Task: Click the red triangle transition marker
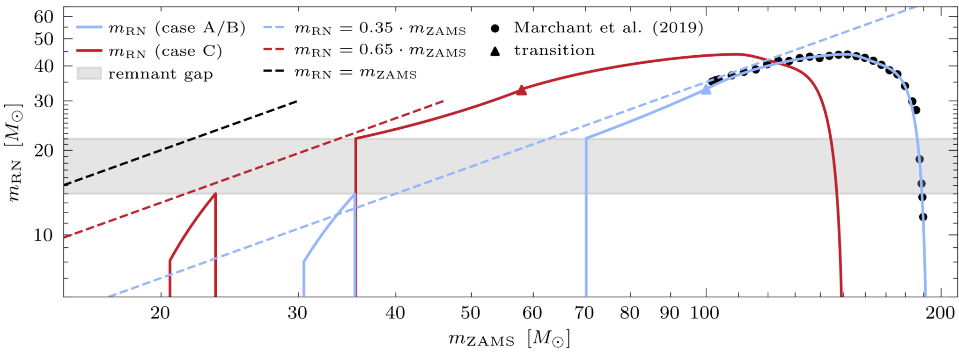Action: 521,90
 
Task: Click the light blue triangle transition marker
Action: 706,89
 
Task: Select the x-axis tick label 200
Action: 940,313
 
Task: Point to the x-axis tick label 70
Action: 584,313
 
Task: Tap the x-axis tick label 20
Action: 160,313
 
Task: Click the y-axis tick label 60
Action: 44,17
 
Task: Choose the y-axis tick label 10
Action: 44,235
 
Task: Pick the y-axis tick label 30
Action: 44,101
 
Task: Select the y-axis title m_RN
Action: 15,153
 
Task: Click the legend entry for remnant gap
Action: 145,74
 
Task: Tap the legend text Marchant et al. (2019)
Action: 609,28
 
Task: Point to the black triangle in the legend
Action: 495,51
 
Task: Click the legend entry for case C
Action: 149,51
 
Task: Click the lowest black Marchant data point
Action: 923,217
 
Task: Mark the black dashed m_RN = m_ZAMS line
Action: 180,143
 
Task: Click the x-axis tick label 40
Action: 395,313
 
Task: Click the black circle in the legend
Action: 495,29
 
